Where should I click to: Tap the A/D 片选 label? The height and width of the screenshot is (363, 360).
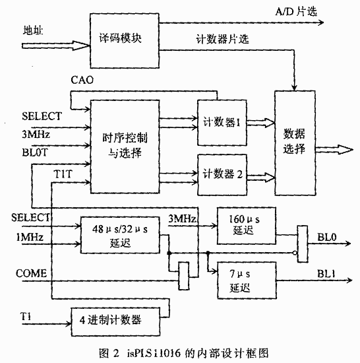point(296,12)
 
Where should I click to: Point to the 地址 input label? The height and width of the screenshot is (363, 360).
point(33,30)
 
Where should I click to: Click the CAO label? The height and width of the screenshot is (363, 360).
point(82,80)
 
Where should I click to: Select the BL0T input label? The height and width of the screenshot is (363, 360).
point(35,152)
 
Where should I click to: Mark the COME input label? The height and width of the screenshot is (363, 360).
point(31,273)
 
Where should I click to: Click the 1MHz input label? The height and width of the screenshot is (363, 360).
point(30,237)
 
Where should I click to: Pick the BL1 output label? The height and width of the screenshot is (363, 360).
point(326,274)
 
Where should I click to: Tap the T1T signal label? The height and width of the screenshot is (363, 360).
point(63,174)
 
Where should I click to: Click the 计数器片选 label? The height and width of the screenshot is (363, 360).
point(222,39)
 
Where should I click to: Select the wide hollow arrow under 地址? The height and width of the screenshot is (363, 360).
point(56,46)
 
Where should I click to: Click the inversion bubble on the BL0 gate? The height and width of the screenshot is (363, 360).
point(295,253)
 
